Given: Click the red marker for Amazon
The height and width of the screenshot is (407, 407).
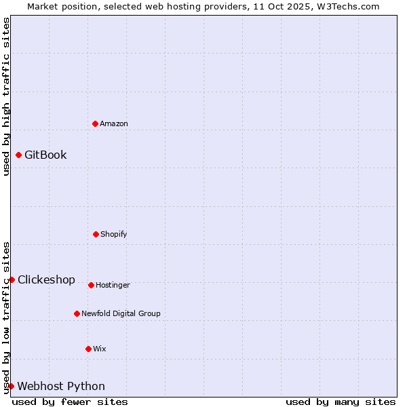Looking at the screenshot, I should (x=95, y=123).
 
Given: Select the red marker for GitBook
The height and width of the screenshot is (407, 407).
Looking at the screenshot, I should (x=18, y=155).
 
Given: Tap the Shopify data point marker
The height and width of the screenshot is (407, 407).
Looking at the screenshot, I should (x=96, y=234).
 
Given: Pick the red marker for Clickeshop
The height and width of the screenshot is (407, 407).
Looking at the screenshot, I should (x=12, y=279).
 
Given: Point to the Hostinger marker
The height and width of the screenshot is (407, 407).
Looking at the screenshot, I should (x=91, y=285).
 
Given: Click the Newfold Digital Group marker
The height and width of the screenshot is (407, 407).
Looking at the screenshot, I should (x=77, y=313).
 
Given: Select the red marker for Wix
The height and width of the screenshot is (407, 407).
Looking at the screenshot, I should (x=88, y=349).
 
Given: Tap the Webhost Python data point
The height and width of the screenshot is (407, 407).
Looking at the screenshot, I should (x=11, y=386).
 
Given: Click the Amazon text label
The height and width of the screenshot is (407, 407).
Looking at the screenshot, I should (x=114, y=123).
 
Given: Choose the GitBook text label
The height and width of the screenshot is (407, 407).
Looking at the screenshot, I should (x=45, y=155).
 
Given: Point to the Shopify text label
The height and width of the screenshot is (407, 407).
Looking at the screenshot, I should (x=114, y=234).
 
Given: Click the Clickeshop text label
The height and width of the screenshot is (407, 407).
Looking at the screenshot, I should (x=46, y=279).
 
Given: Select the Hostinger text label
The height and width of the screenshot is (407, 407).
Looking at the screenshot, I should (x=113, y=285).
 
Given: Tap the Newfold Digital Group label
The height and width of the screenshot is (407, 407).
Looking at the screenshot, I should (x=121, y=313).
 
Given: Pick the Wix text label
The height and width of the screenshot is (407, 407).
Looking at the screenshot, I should (x=100, y=349).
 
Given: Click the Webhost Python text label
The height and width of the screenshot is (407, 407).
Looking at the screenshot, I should (x=61, y=386).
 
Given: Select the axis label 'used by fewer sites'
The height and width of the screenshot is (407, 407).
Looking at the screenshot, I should (x=70, y=402).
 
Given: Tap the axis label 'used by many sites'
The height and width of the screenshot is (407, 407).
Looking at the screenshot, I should (x=341, y=402).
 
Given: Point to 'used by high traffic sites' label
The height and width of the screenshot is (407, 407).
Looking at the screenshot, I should (x=6, y=96).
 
